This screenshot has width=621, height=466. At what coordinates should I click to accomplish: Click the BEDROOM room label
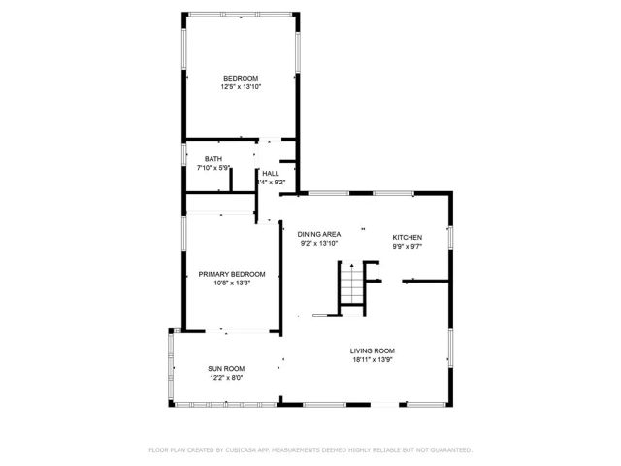coord(241,78)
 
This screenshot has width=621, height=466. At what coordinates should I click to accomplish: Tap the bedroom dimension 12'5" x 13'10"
coord(241,87)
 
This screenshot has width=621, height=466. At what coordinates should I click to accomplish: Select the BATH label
coord(212,159)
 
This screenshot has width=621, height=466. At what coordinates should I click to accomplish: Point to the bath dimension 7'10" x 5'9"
coord(212,169)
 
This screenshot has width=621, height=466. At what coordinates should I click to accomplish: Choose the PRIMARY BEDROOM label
coord(232,274)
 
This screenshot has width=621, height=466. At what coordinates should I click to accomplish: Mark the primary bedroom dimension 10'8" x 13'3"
coord(232,283)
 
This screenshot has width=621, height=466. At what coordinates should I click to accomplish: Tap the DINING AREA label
coord(318,235)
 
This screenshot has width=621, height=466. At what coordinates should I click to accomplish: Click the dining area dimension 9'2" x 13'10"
coord(318,244)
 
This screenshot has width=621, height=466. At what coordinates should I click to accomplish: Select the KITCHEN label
coord(407,237)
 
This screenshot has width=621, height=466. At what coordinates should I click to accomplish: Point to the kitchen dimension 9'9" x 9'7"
coord(407,247)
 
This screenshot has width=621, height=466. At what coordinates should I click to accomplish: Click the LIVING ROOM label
coord(373,350)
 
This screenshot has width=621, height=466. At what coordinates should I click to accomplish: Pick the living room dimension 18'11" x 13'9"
coord(373,360)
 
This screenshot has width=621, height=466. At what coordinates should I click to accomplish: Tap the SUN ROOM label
coord(225,368)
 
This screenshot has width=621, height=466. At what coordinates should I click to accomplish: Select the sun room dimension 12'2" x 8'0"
coord(225,378)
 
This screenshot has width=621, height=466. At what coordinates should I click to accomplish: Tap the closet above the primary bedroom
coord(220,203)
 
